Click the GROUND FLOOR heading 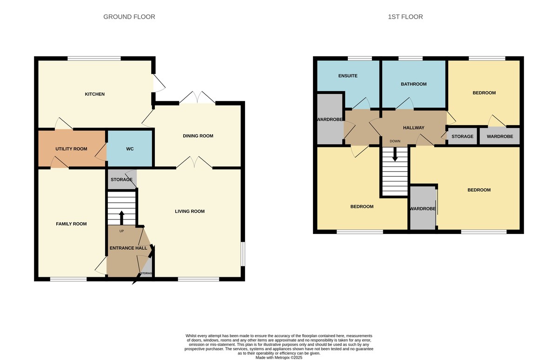point(129,17)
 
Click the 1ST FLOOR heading point(405,17)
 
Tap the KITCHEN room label point(94,94)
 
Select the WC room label point(130,149)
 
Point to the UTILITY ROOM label point(71,149)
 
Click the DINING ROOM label point(198,136)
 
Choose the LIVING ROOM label point(190,211)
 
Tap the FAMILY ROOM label point(71,224)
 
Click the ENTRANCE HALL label point(128,248)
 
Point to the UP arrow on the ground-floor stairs point(122,217)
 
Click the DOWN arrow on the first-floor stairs point(395,155)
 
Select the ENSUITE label point(348,76)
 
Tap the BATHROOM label point(413,84)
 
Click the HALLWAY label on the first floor point(413,127)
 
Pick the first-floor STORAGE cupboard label point(462,136)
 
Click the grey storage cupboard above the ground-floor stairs point(121,180)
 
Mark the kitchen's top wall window point(94,59)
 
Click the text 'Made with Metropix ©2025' point(279,357)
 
